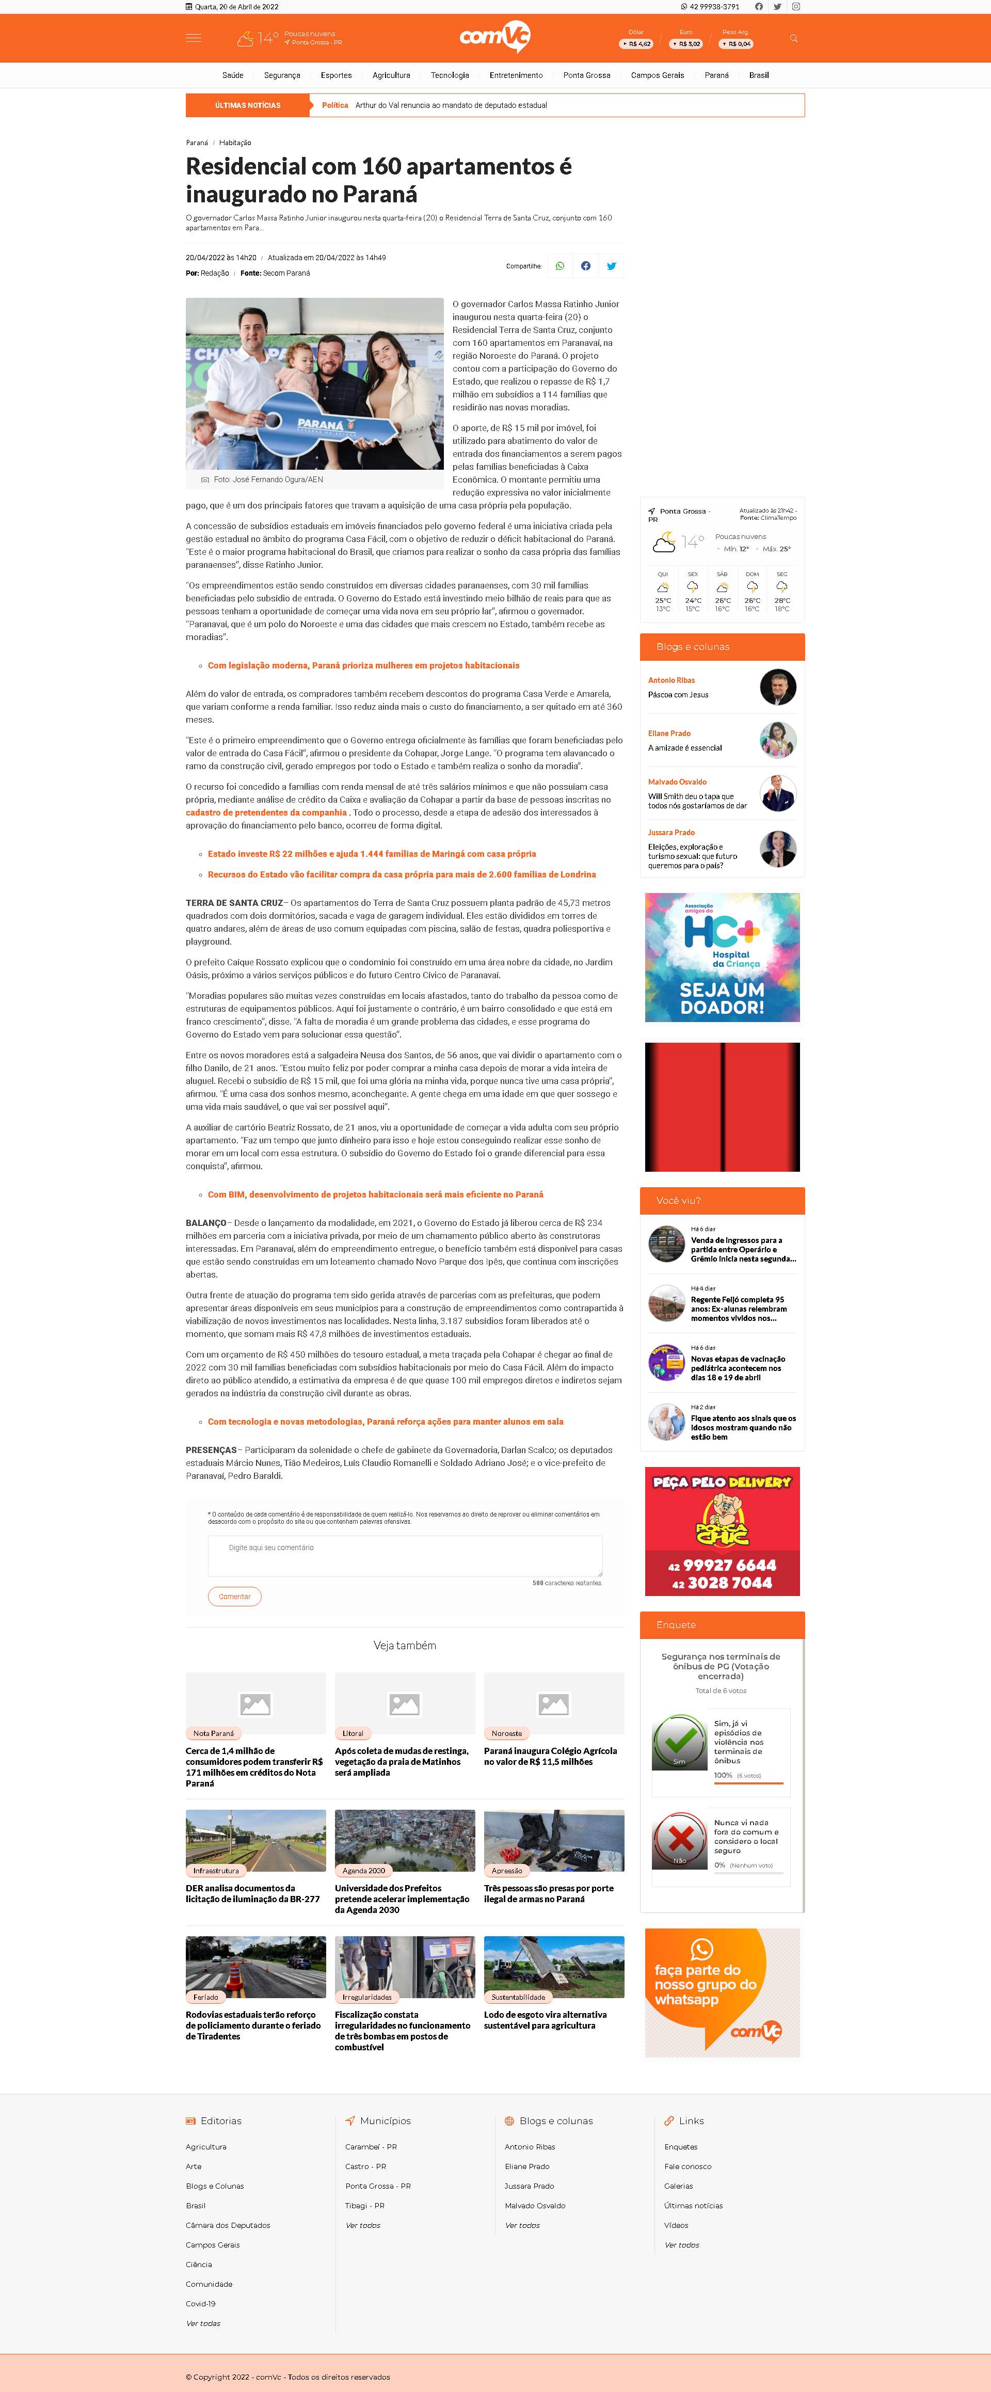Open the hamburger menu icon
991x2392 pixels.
pyautogui.click(x=193, y=38)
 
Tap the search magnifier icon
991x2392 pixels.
pyautogui.click(x=793, y=38)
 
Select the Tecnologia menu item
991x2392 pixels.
pyautogui.click(x=450, y=75)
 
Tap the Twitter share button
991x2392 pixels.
pyautogui.click(x=611, y=266)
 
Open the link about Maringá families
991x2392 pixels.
pyautogui.click(x=372, y=853)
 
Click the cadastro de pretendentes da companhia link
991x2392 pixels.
pyautogui.click(x=266, y=812)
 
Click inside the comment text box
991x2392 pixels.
pyautogui.click(x=405, y=1555)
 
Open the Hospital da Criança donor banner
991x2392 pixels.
pyautogui.click(x=722, y=958)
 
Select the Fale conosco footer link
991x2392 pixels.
pyautogui.click(x=688, y=2166)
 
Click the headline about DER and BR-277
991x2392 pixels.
pyautogui.click(x=252, y=1893)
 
